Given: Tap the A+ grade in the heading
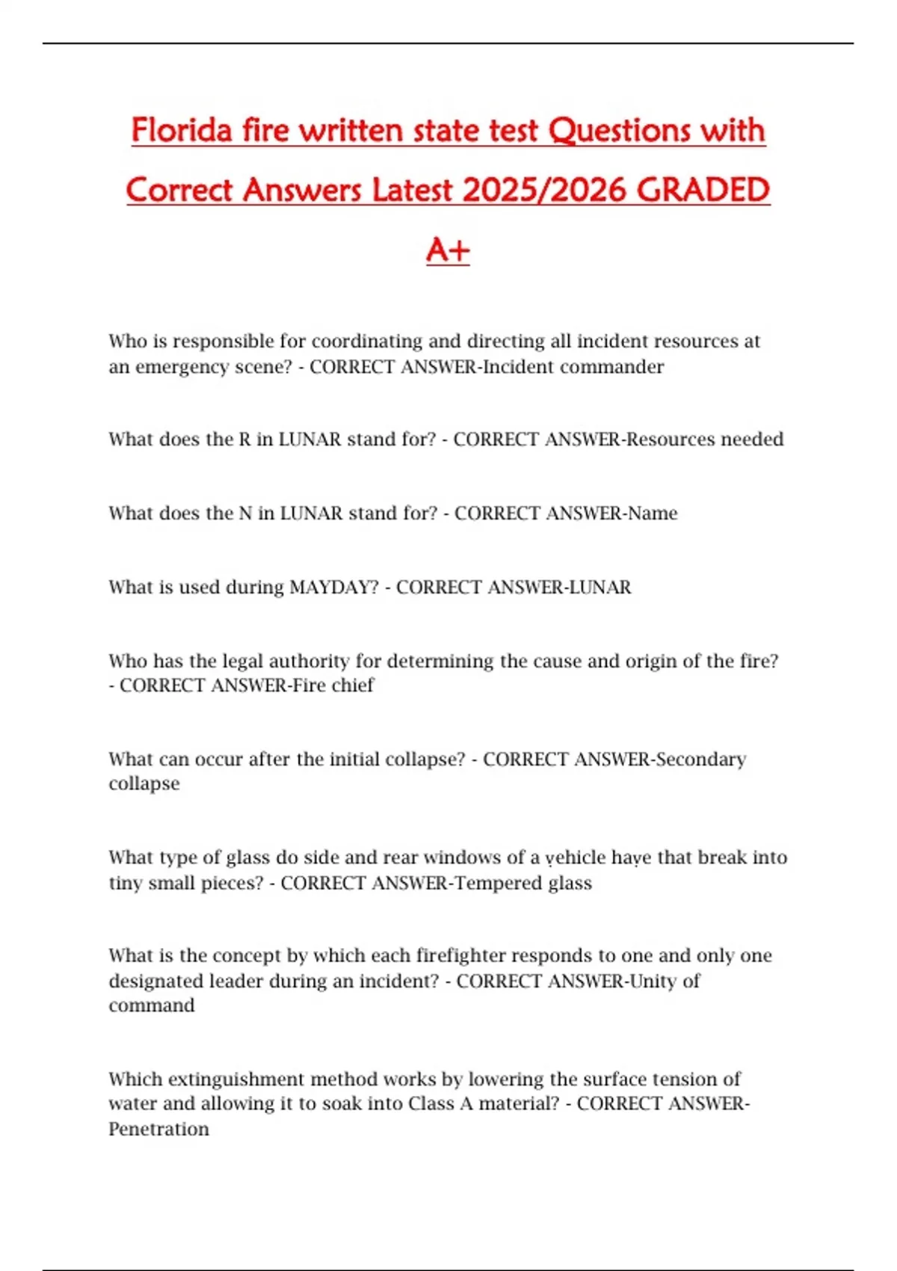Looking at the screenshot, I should pos(448,250).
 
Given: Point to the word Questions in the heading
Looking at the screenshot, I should pos(620,131).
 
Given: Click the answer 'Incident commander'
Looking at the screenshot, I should pos(574,367).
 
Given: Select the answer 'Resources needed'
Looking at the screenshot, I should pos(705,439).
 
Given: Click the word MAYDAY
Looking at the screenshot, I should pos(334,587).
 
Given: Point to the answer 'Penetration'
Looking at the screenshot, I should pos(158,1129).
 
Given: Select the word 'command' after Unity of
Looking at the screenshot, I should pos(152,1006).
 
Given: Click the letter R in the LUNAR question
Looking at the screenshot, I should pos(244,439).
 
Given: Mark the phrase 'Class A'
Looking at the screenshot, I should pos(440,1104).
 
